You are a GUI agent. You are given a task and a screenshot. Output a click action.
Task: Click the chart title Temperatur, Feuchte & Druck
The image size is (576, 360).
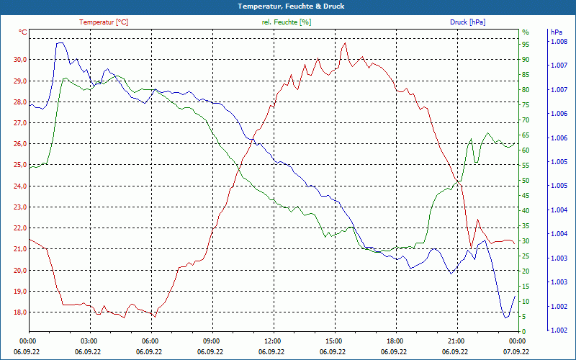(x=287, y=6)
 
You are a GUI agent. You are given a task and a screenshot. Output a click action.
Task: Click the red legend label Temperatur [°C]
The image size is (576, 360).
(x=104, y=22)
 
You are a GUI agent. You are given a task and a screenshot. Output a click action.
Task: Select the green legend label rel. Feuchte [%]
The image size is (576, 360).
(x=287, y=22)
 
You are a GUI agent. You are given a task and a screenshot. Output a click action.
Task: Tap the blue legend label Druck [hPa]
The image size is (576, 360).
(x=467, y=22)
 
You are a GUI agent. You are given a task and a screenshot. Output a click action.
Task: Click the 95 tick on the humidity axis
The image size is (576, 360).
(x=526, y=45)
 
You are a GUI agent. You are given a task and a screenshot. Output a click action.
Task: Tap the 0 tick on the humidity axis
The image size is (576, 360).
(x=524, y=332)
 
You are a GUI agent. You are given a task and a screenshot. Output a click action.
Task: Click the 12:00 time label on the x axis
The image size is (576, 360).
(x=272, y=341)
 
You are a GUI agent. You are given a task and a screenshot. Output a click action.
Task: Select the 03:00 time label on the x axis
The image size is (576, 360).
(x=89, y=341)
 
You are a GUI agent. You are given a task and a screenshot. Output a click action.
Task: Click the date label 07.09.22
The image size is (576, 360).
(x=516, y=352)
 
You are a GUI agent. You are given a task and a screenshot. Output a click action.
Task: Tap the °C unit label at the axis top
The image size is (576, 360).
(x=23, y=32)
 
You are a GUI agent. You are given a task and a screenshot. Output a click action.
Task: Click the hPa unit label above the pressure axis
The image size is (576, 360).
(x=556, y=32)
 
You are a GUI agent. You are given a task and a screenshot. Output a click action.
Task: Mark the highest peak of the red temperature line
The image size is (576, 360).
(x=346, y=43)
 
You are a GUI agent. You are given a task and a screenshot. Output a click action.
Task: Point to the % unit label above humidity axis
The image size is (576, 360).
(x=526, y=32)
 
